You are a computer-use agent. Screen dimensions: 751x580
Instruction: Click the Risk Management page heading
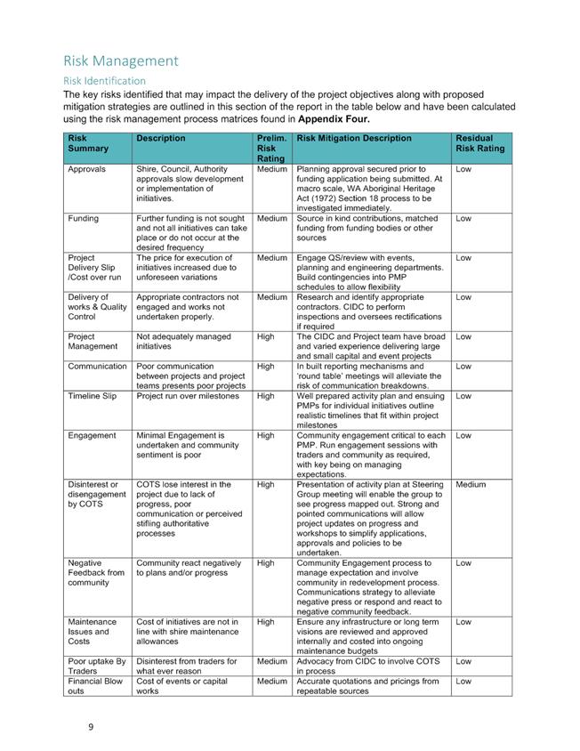click(121, 61)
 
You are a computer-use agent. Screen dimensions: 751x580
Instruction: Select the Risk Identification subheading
click(104, 80)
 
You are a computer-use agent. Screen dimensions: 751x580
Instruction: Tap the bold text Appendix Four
click(334, 118)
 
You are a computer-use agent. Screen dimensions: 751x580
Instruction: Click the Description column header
click(161, 138)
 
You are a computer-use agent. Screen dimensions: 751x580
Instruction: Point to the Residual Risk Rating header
click(480, 143)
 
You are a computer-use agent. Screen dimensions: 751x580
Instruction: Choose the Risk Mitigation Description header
click(354, 138)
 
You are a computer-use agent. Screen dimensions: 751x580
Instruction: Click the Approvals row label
click(86, 168)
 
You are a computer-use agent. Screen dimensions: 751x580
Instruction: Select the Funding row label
click(83, 217)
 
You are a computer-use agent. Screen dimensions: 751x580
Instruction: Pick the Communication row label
click(97, 366)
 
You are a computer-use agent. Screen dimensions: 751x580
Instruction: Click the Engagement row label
click(92, 435)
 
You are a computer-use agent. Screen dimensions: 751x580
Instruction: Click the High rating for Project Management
click(265, 336)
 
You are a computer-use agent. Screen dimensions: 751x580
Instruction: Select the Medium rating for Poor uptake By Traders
click(270, 661)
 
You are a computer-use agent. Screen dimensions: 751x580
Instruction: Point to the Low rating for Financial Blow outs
click(463, 681)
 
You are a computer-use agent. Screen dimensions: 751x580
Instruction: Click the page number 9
click(91, 727)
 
